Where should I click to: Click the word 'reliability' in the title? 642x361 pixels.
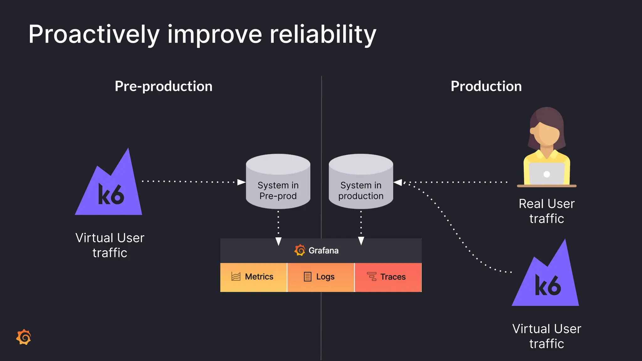coord(323,34)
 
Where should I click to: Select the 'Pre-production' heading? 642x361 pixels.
coord(163,86)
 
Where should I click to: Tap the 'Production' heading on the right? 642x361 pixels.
coord(486,86)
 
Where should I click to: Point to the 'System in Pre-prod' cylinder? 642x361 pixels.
coord(278,185)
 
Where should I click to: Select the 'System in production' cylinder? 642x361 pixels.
coord(361,185)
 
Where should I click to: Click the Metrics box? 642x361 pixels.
coord(253,277)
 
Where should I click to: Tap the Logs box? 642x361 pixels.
coord(320,277)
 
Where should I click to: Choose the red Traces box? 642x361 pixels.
coord(388,277)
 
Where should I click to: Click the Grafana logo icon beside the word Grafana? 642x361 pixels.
coord(300,250)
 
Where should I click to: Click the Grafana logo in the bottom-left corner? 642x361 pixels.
coord(24,337)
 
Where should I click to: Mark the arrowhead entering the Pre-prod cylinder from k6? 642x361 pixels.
coord(241,182)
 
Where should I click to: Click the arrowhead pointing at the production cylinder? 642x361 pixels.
coord(398,182)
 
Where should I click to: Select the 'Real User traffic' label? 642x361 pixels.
coord(546,211)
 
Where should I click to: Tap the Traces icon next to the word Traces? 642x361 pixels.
coord(372,277)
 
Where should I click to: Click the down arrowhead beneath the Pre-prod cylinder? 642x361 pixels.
coord(278,241)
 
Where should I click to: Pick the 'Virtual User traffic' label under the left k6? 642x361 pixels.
coord(110,245)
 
